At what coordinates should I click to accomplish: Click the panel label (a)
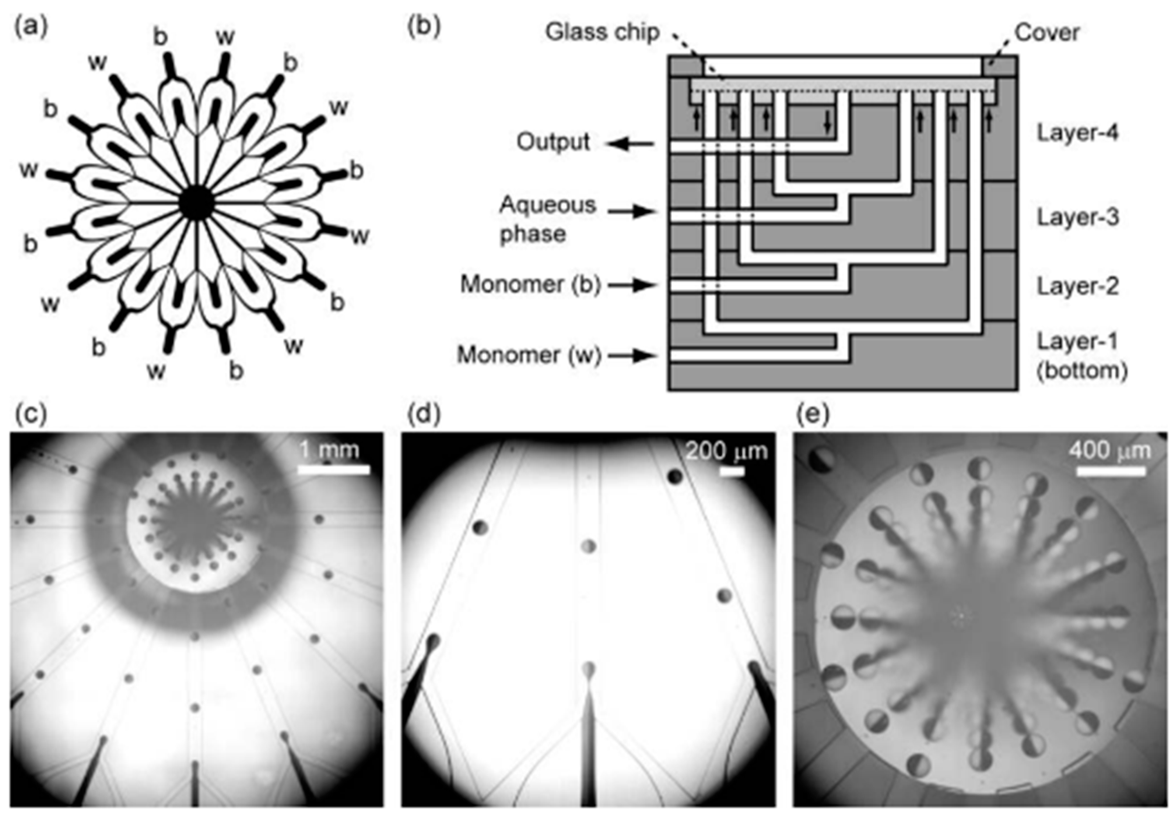click(x=30, y=26)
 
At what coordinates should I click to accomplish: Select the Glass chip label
click(x=603, y=32)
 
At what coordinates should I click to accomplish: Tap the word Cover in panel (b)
click(x=1047, y=33)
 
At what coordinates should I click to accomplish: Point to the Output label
click(x=553, y=142)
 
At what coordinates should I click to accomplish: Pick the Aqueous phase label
click(x=547, y=219)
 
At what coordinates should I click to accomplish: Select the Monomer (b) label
click(x=531, y=284)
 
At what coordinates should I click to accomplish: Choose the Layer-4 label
click(x=1078, y=134)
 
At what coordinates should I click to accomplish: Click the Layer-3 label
click(x=1078, y=218)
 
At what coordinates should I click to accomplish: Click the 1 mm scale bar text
click(x=329, y=450)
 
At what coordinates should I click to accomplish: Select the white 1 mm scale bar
click(x=333, y=470)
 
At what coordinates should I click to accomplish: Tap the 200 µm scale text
click(x=726, y=451)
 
